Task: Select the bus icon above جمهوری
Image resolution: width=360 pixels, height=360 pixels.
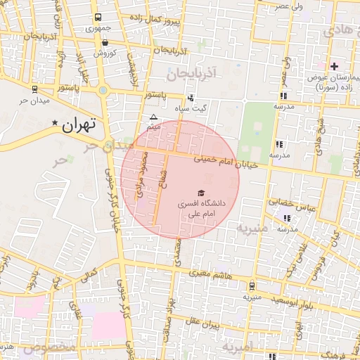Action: (x=96, y=18)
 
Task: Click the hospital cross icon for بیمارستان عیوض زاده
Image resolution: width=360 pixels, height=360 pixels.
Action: (x=334, y=66)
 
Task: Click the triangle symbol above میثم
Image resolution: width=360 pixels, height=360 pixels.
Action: (x=153, y=117)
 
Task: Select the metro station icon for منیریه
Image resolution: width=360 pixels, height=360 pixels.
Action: (x=252, y=285)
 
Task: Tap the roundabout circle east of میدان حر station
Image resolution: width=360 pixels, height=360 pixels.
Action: (x=103, y=90)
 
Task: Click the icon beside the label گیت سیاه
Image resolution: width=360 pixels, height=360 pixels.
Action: (x=190, y=98)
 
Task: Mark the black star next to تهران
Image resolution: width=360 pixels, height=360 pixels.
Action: (x=55, y=124)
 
